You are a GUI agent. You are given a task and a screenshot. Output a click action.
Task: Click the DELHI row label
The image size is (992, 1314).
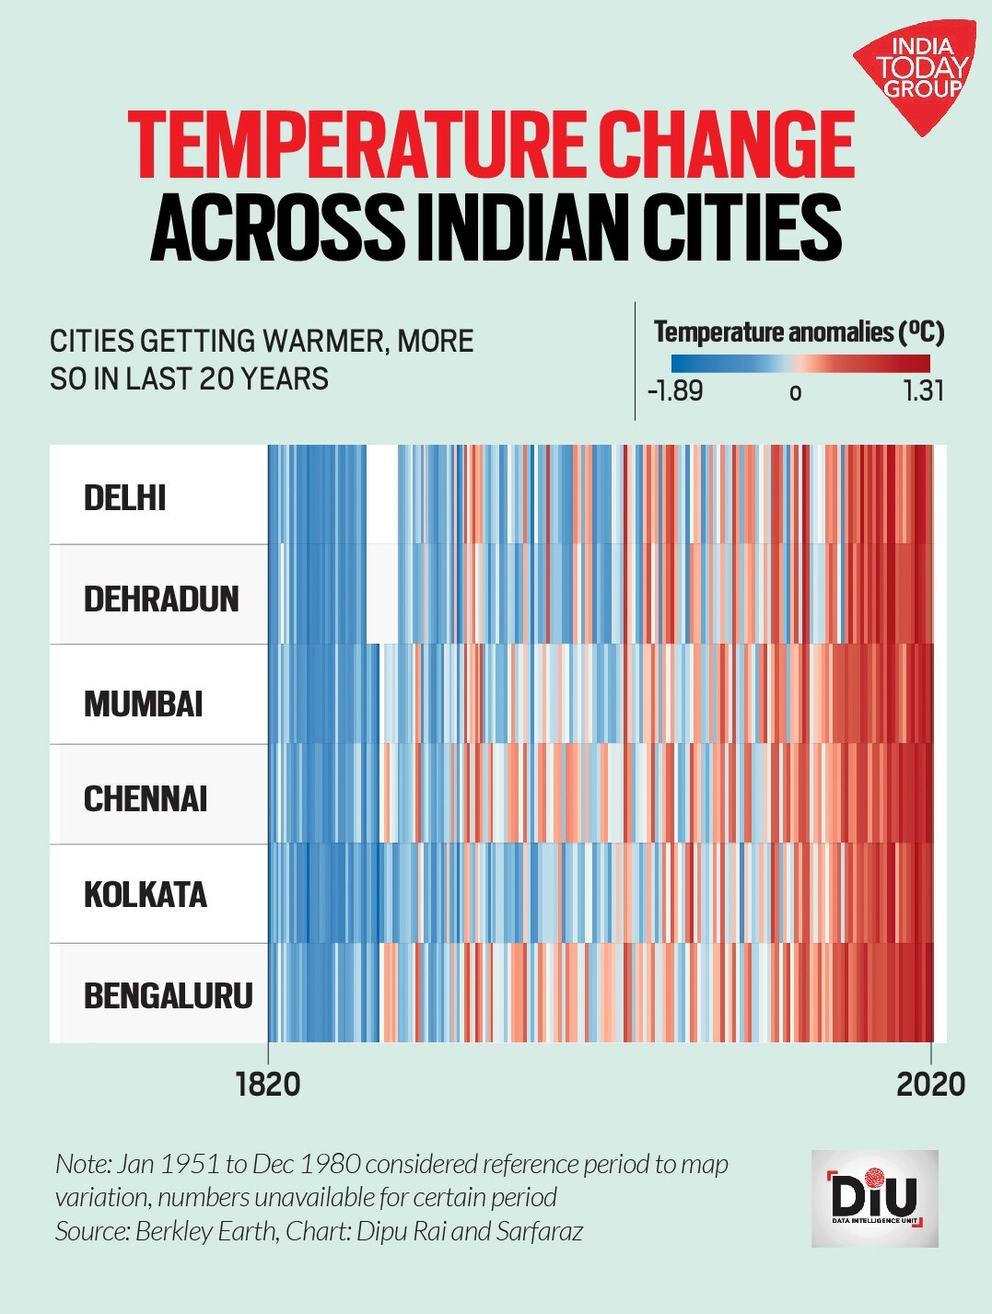[124, 498]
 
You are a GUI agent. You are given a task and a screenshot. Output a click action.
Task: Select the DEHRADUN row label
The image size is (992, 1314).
[161, 599]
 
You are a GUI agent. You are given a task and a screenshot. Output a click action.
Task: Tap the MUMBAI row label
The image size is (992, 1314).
[143, 704]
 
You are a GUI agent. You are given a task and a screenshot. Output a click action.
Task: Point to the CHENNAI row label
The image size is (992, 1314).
[146, 798]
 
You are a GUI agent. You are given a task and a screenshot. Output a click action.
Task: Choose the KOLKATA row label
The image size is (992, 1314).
[146, 895]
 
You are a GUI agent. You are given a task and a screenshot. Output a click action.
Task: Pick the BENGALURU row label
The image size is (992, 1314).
[168, 995]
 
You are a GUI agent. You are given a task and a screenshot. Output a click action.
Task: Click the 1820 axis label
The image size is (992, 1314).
[268, 1084]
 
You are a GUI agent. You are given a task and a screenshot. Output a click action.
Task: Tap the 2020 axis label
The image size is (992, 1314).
[930, 1084]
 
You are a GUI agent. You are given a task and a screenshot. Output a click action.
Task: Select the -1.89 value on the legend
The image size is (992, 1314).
[675, 391]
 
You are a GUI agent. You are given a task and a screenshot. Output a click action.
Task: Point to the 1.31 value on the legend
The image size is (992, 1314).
[923, 391]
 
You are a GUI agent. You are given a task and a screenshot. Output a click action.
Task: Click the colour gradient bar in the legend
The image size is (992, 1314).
[799, 363]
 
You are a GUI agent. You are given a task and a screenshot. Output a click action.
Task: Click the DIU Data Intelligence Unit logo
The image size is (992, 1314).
[874, 1198]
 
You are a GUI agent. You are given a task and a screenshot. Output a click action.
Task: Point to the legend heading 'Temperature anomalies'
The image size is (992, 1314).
[774, 331]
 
